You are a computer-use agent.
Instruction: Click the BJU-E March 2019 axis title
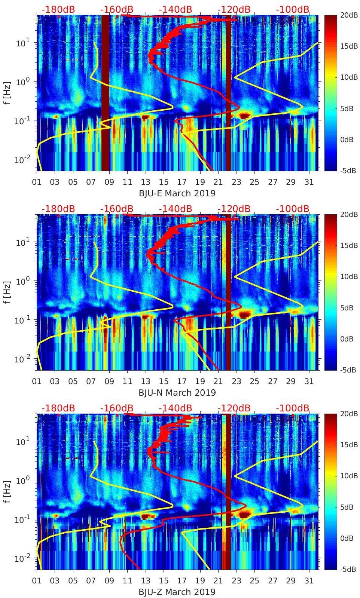point(177,193)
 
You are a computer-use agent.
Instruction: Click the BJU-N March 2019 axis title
point(177,393)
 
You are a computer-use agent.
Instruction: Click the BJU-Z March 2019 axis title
point(177,592)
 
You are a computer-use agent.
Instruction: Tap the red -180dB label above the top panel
point(58,9)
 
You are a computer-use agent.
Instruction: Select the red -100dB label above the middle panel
point(293,209)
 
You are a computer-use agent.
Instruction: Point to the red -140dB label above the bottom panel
point(175,408)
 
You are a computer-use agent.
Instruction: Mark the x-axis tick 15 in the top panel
point(164,182)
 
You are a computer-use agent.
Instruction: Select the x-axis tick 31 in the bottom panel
point(309,581)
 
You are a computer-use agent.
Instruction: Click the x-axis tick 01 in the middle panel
point(37,381)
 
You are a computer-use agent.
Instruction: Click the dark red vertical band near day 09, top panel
point(106,93)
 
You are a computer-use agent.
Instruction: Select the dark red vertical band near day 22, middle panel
point(228,292)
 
